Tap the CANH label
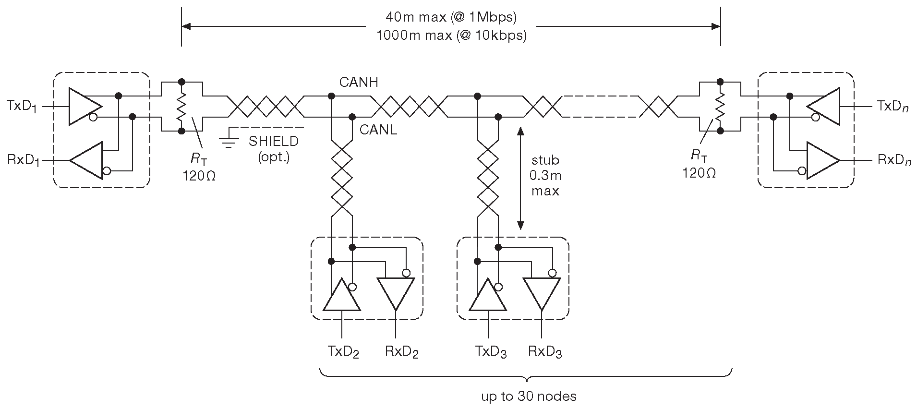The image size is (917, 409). coord(358,83)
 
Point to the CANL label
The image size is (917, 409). coord(378,130)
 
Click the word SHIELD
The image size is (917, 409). coord(274,142)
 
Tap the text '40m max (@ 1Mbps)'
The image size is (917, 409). coord(451,18)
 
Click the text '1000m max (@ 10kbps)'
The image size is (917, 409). coord(451,36)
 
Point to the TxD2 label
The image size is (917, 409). coord(344,352)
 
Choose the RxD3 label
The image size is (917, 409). coord(545,352)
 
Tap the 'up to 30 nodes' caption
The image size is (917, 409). coord(529,396)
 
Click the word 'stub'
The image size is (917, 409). coord(545,160)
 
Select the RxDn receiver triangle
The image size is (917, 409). coord(821,160)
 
